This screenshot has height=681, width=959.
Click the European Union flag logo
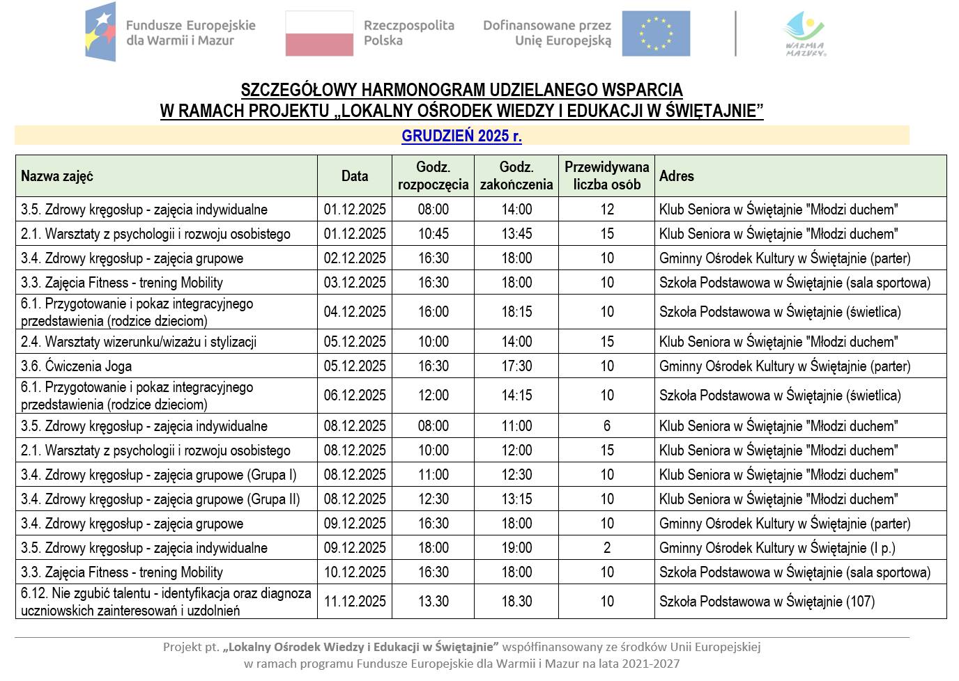(x=656, y=33)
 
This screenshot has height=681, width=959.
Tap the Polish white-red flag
(x=319, y=33)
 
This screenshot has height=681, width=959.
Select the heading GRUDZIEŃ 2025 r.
(x=461, y=136)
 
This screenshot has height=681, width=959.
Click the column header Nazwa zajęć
(x=57, y=176)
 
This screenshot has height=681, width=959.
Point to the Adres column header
(x=677, y=176)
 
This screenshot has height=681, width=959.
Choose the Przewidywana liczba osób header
(x=606, y=176)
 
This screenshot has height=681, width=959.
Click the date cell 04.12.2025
(x=355, y=312)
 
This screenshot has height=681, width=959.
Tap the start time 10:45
(x=434, y=234)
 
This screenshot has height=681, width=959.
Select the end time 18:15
(x=516, y=312)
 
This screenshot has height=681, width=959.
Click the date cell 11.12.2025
(x=355, y=602)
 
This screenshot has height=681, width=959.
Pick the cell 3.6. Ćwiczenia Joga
(x=77, y=366)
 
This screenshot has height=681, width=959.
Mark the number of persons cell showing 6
(x=607, y=426)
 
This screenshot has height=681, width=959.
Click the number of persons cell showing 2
(x=607, y=548)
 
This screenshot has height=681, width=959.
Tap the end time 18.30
(x=516, y=602)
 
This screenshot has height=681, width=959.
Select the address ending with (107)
(x=767, y=602)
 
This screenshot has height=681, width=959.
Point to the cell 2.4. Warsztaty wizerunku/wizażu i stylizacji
(x=139, y=342)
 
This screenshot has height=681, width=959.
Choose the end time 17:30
(x=516, y=366)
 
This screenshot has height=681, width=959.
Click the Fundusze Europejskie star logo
(x=100, y=32)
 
